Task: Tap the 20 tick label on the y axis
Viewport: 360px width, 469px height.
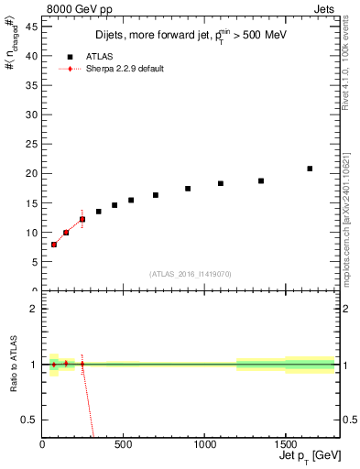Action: pyautogui.click(x=34, y=173)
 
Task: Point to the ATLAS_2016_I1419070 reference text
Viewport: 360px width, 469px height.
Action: pyautogui.click(x=191, y=274)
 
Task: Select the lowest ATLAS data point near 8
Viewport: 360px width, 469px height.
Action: pyautogui.click(x=54, y=245)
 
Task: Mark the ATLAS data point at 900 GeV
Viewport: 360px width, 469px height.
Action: pyautogui.click(x=188, y=189)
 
